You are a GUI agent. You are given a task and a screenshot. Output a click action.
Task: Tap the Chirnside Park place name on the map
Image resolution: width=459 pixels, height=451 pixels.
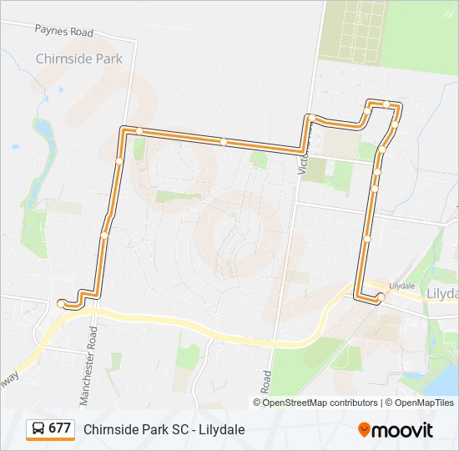[78, 58]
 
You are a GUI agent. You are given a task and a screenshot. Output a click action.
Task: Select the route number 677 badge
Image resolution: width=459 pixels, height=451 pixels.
[59, 428]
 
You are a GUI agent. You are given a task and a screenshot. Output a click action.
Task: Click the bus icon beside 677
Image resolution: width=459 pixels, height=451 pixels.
[38, 428]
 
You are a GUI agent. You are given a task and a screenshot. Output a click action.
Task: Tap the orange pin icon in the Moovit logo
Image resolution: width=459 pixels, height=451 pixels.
[365, 429]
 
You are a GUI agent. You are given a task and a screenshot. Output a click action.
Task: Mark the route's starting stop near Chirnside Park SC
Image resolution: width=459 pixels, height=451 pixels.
[61, 304]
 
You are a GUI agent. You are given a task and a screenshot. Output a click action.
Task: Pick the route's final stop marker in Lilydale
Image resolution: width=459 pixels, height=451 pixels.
[381, 296]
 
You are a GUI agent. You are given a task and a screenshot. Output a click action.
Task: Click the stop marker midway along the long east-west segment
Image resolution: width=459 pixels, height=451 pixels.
[224, 142]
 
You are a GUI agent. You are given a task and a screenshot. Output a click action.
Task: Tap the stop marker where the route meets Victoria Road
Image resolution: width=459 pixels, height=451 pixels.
[309, 118]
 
